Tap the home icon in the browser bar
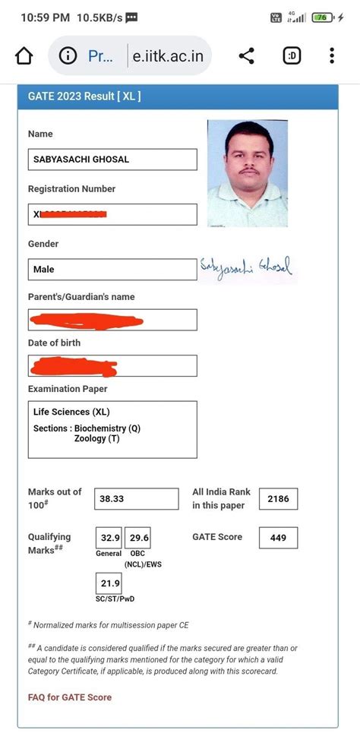coord(24,56)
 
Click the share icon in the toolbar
coord(246,56)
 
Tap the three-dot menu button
coord(332,56)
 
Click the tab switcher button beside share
coord(291,56)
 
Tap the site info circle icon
coord(68,56)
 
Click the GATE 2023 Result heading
coord(84,96)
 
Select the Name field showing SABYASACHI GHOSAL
coord(112,160)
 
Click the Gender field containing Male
coord(112,269)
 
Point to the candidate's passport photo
coord(248,173)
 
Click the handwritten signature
coord(245,267)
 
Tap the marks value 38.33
coord(137,499)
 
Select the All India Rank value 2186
coord(278,499)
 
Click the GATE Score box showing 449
coord(278,538)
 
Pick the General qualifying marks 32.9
coord(109,538)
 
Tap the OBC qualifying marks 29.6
coord(137,538)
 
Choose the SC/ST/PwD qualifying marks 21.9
coord(109,583)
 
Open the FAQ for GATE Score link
coord(70,697)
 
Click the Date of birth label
coord(54,343)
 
